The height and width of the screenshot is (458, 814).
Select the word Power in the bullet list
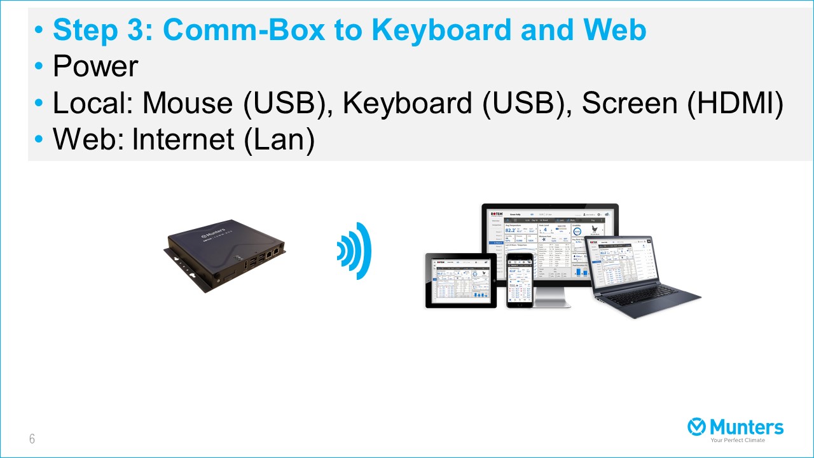coord(95,67)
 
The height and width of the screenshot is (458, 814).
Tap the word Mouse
coord(188,103)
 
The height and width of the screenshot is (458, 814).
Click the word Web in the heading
coord(616,30)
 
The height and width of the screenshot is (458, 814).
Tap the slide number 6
coord(32,439)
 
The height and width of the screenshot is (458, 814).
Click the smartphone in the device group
coord(519,280)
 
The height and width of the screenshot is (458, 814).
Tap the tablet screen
coord(460,281)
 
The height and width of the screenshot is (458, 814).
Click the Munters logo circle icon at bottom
coord(697,427)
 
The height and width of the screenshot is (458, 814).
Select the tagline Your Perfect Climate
coord(738,440)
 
